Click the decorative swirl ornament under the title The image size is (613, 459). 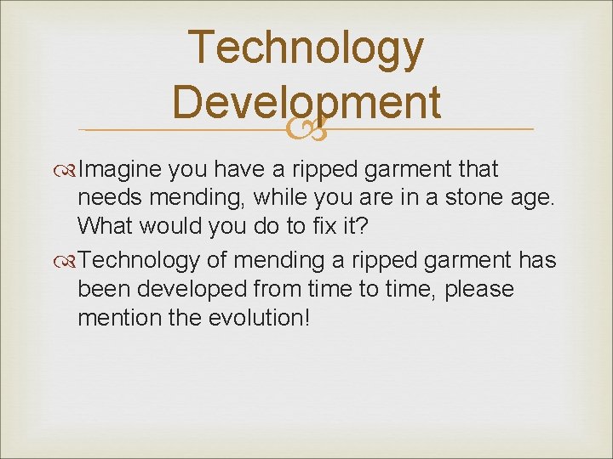tap(306, 129)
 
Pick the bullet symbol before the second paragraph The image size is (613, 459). tap(68, 260)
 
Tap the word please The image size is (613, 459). tap(479, 290)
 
